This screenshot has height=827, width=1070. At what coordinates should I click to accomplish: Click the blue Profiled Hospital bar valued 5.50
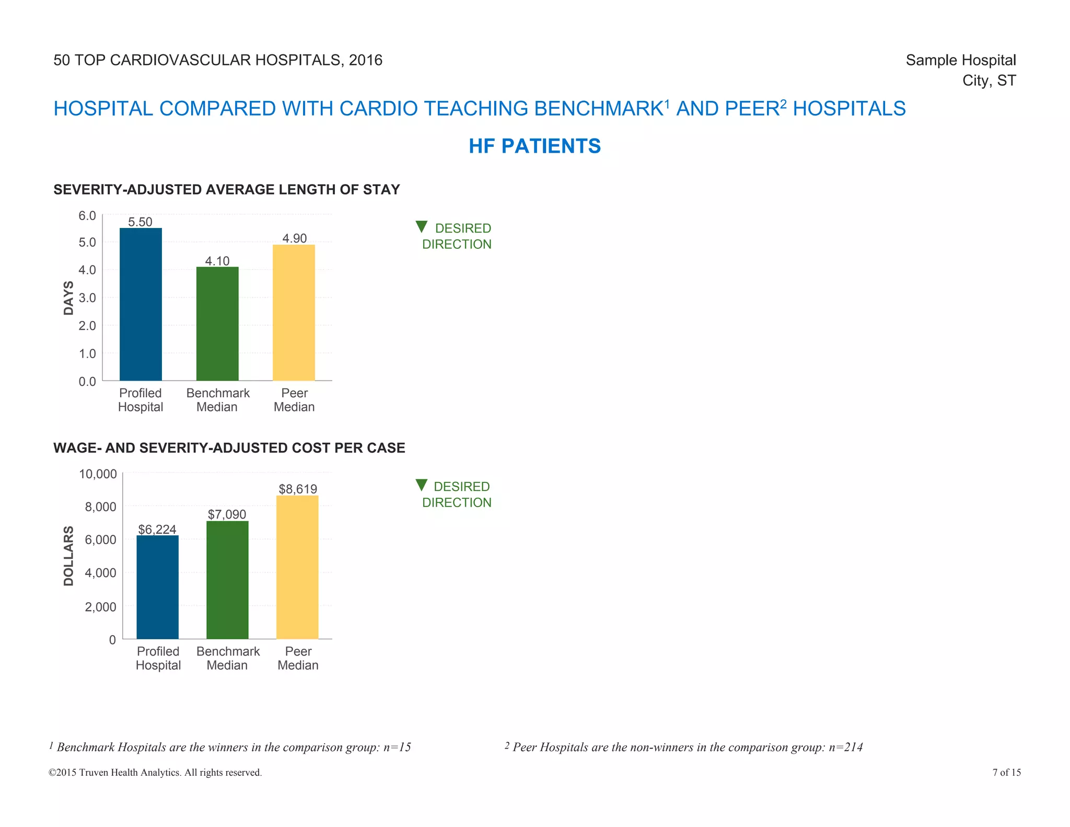[x=141, y=304]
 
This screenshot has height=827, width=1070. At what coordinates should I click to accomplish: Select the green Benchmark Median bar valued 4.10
[x=217, y=324]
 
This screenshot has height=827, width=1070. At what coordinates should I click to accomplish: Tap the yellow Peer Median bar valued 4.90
[x=294, y=313]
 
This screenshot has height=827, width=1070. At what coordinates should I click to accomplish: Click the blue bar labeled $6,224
[x=157, y=587]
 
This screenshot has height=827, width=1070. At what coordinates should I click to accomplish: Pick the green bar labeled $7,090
[x=227, y=580]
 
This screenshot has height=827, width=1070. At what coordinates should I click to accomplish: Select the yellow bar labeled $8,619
[x=297, y=567]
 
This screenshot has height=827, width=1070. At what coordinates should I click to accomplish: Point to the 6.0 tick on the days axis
[x=87, y=216]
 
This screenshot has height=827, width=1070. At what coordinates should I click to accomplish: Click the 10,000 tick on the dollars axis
[x=98, y=474]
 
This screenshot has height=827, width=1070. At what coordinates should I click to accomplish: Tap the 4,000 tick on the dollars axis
[x=100, y=573]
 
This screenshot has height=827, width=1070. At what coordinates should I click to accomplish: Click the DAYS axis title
[x=68, y=298]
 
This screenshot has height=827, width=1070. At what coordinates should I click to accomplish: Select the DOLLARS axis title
[x=68, y=556]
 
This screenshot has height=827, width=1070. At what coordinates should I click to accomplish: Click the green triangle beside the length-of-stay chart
[x=421, y=227]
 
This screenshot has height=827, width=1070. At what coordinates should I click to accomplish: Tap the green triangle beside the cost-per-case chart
[x=421, y=485]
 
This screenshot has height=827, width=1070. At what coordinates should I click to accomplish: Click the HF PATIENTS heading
[x=534, y=146]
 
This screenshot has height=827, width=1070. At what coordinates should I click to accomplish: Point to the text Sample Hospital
[x=960, y=60]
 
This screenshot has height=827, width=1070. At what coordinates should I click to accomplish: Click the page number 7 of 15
[x=1006, y=772]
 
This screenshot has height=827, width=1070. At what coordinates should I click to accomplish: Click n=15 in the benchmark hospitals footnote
[x=397, y=747]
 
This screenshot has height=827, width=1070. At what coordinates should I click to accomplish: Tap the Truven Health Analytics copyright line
[x=155, y=772]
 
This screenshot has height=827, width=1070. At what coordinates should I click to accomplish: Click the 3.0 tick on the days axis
[x=87, y=298]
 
